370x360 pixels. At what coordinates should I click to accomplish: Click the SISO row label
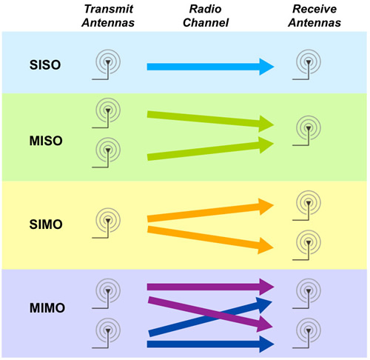(x=45, y=65)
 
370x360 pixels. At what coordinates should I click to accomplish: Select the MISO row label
(x=46, y=141)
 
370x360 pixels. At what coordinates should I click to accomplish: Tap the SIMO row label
(x=46, y=224)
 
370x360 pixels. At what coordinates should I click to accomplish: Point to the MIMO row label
(x=47, y=308)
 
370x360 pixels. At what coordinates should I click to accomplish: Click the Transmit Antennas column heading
(x=108, y=16)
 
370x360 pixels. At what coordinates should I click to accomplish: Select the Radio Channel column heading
(x=206, y=16)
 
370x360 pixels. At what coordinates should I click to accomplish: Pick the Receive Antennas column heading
(x=314, y=16)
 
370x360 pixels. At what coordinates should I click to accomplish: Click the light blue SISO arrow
(x=210, y=67)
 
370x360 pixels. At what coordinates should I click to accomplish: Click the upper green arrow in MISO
(x=210, y=121)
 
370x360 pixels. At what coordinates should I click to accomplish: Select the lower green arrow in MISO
(x=210, y=149)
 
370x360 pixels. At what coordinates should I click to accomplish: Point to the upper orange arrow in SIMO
(x=210, y=210)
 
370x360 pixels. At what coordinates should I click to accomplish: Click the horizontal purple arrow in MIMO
(x=210, y=287)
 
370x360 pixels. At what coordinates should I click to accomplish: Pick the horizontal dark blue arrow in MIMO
(x=210, y=344)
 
